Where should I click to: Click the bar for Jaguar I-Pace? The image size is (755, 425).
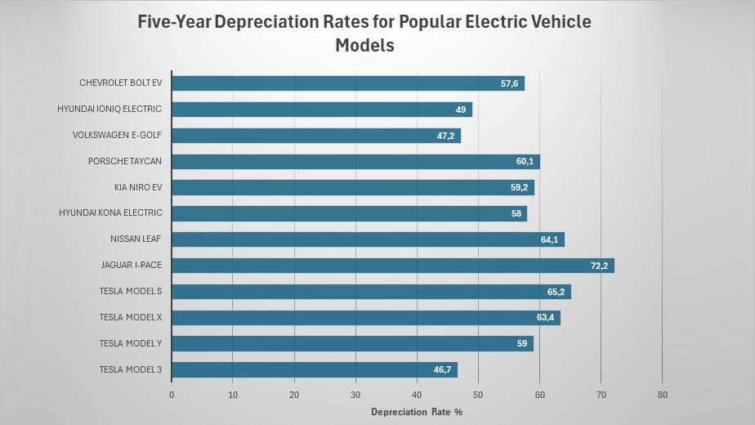point(392,266)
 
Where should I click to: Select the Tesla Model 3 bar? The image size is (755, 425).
point(314,370)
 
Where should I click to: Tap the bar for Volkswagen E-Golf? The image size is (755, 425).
point(315,136)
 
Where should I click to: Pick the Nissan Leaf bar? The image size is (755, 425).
point(368,239)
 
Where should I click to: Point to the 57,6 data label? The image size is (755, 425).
point(511,83)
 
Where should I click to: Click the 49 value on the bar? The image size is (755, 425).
point(461,110)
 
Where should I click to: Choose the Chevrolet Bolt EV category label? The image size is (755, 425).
point(121,83)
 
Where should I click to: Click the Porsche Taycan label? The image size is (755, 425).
point(125,161)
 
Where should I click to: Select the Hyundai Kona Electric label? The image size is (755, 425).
point(110,213)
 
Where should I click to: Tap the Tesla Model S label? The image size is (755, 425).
point(131,292)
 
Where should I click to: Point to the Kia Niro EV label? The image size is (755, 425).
point(139,187)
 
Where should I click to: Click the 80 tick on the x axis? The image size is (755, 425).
point(662,396)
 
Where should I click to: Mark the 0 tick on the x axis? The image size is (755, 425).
point(172,396)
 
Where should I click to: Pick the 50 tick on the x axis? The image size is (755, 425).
point(478,396)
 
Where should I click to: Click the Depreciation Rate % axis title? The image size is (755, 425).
point(417,412)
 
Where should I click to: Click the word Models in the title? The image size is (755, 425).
point(364,46)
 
